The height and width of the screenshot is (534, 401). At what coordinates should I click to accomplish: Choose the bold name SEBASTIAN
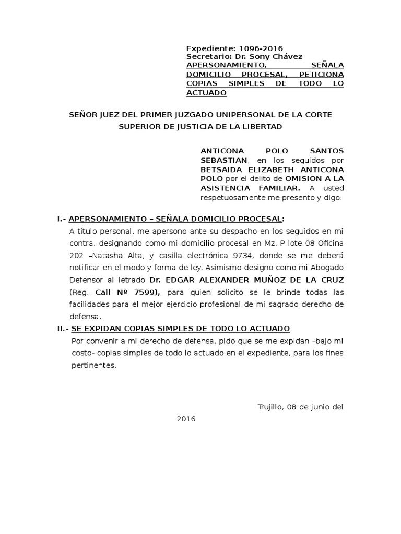pyautogui.click(x=223, y=160)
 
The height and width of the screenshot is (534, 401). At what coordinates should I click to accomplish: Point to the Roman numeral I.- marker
pyautogui.click(x=62, y=219)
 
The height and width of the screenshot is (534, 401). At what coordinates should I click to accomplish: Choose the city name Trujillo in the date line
pyautogui.click(x=270, y=406)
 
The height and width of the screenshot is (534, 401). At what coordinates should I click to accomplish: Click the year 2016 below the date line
pyautogui.click(x=186, y=419)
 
